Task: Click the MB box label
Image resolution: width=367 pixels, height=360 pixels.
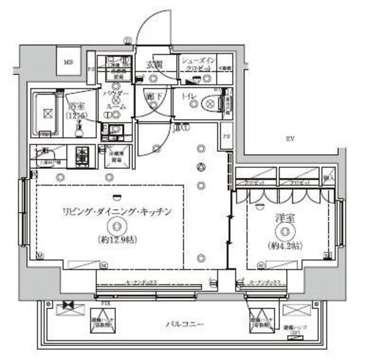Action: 68,62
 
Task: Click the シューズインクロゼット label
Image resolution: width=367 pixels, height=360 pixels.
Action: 198,64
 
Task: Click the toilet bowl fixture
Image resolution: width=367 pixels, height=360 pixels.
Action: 211,104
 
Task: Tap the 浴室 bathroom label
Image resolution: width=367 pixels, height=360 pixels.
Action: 76,107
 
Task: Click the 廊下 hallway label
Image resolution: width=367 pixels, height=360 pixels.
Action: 153,97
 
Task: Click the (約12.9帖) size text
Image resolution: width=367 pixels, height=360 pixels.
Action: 117,238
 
